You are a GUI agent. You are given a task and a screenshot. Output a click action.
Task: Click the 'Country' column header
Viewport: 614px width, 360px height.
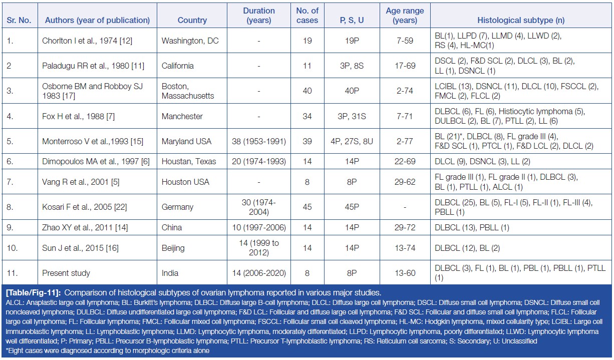(x=192, y=21)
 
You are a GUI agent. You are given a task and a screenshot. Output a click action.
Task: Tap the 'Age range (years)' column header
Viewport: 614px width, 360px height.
(x=405, y=16)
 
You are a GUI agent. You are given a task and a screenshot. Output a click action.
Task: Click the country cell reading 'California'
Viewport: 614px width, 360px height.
(x=177, y=66)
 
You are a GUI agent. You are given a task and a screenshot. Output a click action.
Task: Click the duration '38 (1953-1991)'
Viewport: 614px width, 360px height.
(x=258, y=142)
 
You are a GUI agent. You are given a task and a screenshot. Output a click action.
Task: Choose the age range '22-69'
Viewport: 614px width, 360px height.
(x=405, y=161)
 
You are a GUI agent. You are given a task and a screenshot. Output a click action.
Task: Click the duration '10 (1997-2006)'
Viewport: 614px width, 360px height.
(x=258, y=227)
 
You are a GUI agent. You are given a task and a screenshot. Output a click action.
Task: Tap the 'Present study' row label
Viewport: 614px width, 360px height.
(x=66, y=273)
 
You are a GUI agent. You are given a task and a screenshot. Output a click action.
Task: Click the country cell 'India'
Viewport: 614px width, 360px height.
(x=170, y=273)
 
